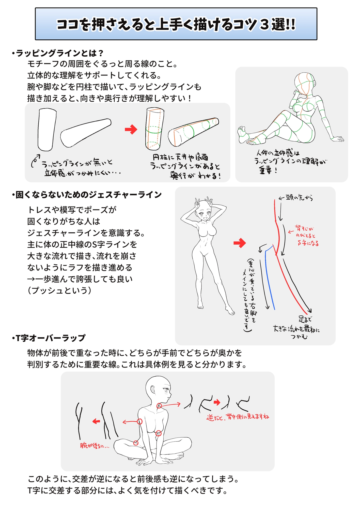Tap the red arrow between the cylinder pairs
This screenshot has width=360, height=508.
pyautogui.click(x=131, y=129)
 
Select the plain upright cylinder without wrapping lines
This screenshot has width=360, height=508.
pyautogui.click(x=47, y=130)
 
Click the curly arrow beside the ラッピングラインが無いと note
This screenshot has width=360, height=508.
pyautogui.click(x=35, y=161)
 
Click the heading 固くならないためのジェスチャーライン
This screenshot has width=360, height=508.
pyautogui.click(x=86, y=195)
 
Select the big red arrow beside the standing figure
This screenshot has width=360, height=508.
pyautogui.click(x=240, y=243)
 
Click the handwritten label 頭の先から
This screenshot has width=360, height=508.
pyautogui.click(x=299, y=198)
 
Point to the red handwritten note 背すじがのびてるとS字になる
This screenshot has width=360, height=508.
pyautogui.click(x=306, y=236)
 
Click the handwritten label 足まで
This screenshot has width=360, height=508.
pyautogui.click(x=305, y=319)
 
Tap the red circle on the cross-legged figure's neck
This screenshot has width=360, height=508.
pyautogui.click(x=159, y=406)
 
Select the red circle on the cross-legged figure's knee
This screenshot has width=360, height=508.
pyautogui.click(x=136, y=443)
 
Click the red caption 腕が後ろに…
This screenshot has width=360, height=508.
pyautogui.click(x=94, y=446)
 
